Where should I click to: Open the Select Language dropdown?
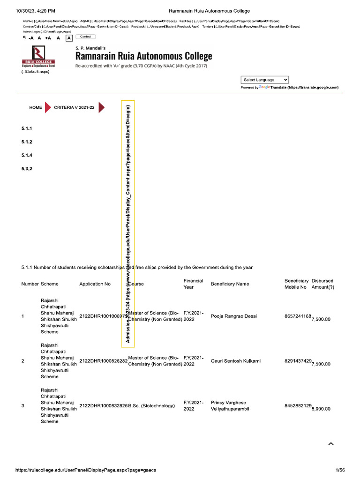point(265,80)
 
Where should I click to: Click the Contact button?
point(85,37)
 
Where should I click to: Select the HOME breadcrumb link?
point(36,107)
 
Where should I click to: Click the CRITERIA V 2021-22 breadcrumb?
point(74,107)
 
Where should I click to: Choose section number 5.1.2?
point(26,142)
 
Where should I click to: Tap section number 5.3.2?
point(26,168)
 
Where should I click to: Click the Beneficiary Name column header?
point(230,284)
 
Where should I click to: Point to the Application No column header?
point(95,284)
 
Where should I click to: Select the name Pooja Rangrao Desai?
point(234,316)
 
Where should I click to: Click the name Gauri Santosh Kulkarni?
point(236,361)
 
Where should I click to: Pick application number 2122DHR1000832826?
point(104,405)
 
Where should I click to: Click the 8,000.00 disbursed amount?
point(321,409)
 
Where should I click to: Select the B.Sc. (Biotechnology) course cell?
point(151,405)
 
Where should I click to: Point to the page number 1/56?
point(340,470)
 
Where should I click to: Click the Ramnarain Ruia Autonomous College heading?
point(144,56)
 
